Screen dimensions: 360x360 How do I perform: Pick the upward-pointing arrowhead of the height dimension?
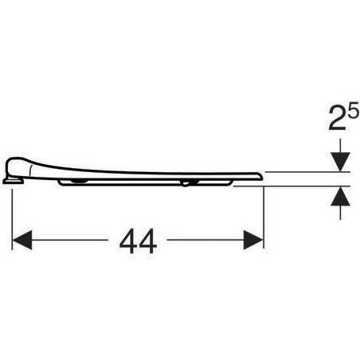coord(339,195)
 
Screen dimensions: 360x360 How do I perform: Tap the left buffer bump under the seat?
coord(80,182)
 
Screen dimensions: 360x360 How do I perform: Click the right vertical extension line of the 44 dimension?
coord(264,214)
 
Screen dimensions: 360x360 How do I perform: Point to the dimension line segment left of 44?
coord(71,237)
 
